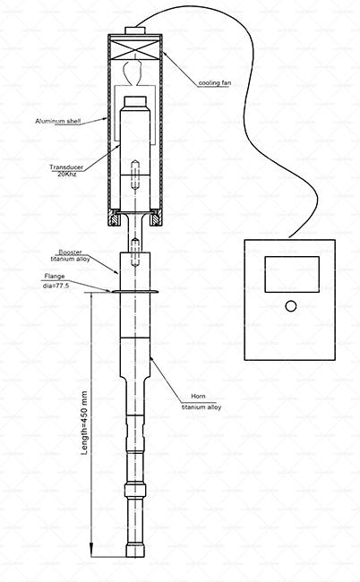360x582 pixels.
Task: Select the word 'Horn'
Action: pyautogui.click(x=199, y=395)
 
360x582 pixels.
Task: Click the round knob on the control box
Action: pyautogui.click(x=289, y=306)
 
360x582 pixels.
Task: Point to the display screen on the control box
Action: pyautogui.click(x=289, y=274)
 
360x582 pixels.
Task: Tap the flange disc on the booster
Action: pyautogui.click(x=133, y=292)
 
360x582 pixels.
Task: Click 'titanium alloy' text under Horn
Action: pyautogui.click(x=201, y=406)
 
